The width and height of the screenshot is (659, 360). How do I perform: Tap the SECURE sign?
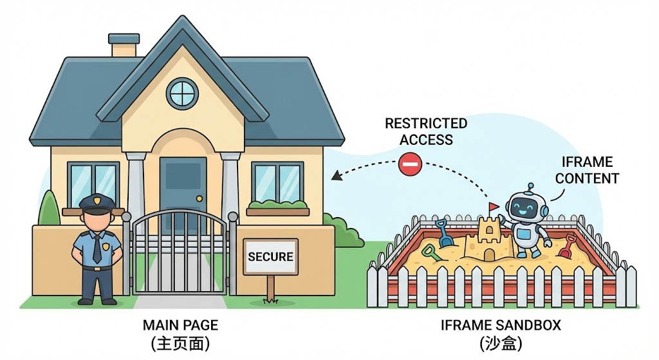tap(270, 257)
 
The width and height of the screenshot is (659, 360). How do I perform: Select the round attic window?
tap(182, 93)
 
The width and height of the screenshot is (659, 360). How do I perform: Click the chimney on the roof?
tap(124, 45)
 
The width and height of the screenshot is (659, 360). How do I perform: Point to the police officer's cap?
tap(97, 204)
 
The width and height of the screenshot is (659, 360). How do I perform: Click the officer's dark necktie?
tap(97, 249)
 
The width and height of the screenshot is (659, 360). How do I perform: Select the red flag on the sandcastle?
tap(494, 207)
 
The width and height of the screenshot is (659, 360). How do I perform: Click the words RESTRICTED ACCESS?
tap(425, 131)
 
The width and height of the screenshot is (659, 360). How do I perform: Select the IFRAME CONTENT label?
tap(587, 171)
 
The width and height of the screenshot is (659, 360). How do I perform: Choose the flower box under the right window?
tap(278, 211)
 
